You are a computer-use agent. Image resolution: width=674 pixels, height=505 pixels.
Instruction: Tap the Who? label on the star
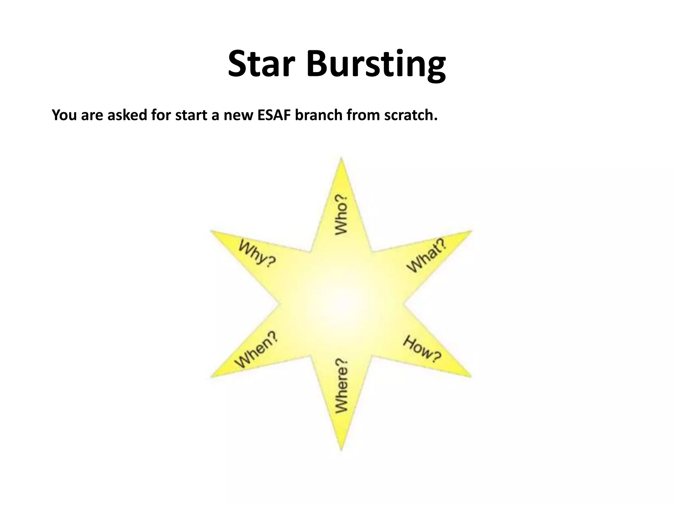[341, 215]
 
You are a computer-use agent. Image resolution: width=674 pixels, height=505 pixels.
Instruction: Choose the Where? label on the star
[341, 385]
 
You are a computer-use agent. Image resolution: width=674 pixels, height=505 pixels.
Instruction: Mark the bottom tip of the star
[341, 449]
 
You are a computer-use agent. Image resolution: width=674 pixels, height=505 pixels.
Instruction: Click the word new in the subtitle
[239, 115]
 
